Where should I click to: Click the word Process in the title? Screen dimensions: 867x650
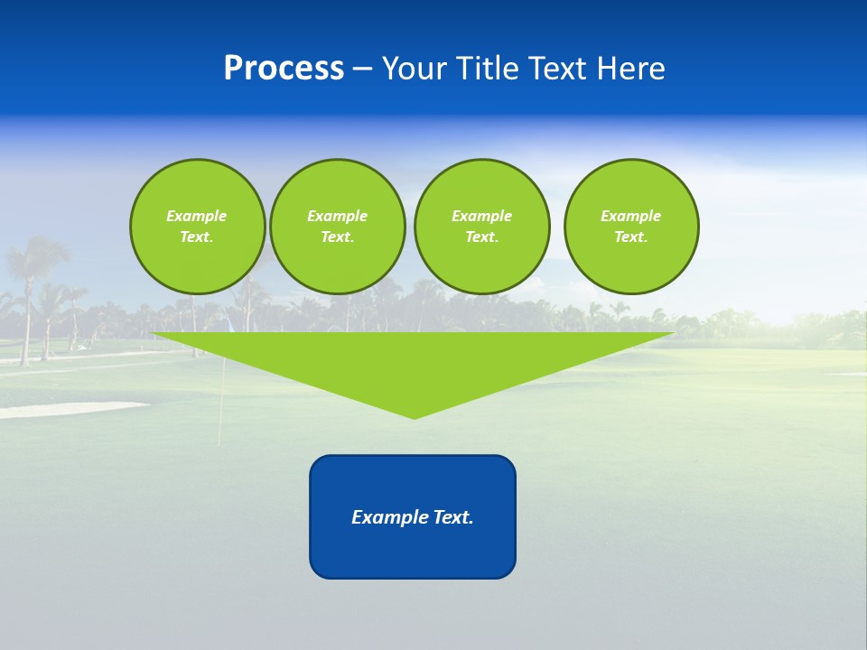coord(284,69)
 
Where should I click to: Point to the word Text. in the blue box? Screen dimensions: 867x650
coord(452,517)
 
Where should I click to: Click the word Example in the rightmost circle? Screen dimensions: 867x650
coord(630,216)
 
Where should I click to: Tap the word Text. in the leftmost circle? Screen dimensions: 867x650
coord(197,237)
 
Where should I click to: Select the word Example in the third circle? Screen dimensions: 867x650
coord(481,216)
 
